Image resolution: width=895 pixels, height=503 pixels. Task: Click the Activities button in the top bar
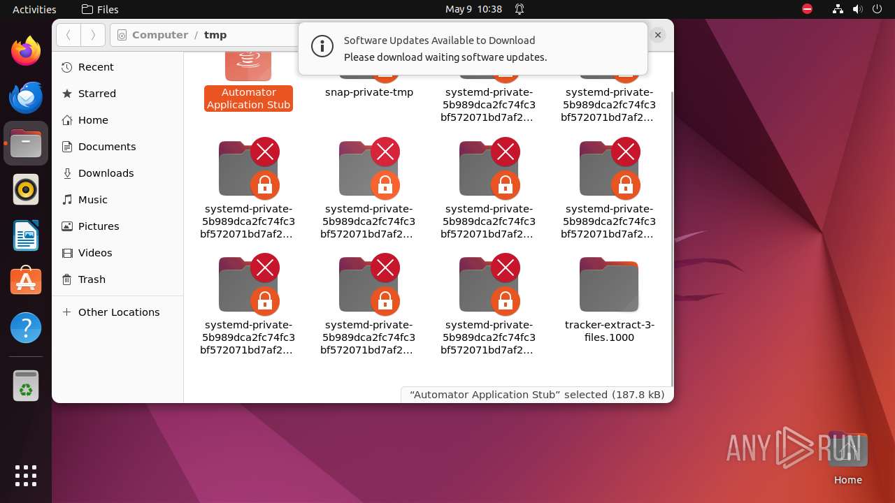34,9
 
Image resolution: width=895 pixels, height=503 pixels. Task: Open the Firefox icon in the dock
26,51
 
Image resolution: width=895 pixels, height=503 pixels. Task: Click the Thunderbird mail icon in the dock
26,97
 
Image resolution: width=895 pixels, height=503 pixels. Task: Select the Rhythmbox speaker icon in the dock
26,189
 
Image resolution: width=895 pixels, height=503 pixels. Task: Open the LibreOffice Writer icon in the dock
26,235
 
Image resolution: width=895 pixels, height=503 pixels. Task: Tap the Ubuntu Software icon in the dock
26,282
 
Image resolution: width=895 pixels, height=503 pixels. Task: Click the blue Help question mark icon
26,328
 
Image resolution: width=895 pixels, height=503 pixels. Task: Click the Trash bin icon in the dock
26,386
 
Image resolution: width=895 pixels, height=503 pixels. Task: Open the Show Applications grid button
26,475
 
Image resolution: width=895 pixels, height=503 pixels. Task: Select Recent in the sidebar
96,67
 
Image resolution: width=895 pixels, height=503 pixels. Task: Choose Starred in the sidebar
96,94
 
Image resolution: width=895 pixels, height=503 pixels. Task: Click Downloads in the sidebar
106,173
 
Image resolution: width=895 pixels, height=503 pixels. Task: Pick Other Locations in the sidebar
118,312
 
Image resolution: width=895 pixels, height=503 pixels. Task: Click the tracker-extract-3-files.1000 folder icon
609,285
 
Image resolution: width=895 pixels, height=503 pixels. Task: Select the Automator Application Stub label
248,99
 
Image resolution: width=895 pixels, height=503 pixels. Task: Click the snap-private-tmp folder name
369,92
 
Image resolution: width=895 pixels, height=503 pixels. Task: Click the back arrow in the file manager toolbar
68,35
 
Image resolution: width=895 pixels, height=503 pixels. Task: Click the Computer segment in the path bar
159,35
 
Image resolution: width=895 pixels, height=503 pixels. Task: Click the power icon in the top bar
877,9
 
